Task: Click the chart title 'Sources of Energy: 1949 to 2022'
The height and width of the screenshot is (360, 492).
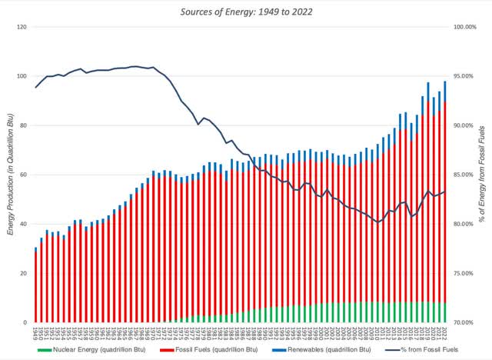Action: pyautogui.click(x=245, y=12)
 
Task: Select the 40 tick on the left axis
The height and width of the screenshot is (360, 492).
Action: pyautogui.click(x=22, y=224)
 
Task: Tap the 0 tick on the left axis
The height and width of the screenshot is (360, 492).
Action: pyautogui.click(x=25, y=322)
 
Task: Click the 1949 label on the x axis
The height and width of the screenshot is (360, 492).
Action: pyautogui.click(x=35, y=332)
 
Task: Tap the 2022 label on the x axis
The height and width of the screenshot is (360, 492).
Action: pyautogui.click(x=445, y=332)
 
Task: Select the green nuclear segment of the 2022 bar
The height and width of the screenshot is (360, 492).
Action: pyautogui.click(x=445, y=312)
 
